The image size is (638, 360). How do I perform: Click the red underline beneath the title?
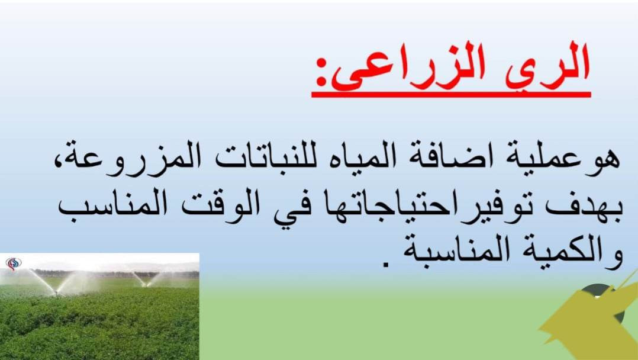[x=451, y=95]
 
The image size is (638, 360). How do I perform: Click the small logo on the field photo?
[x=14, y=264]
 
